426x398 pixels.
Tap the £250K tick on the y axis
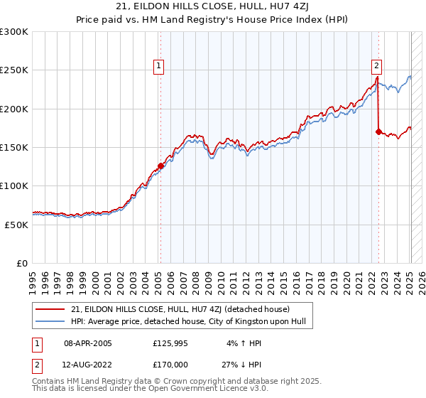click(x=15, y=70)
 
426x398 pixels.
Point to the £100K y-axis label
click(x=15, y=185)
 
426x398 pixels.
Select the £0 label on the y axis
click(x=23, y=263)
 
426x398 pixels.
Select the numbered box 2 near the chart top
click(x=376, y=66)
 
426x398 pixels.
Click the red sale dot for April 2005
click(x=161, y=166)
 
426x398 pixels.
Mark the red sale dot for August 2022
click(x=378, y=131)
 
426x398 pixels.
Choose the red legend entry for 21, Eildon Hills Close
click(x=180, y=309)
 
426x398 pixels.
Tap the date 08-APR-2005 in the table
click(x=88, y=343)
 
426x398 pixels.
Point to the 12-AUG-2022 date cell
click(x=88, y=364)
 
